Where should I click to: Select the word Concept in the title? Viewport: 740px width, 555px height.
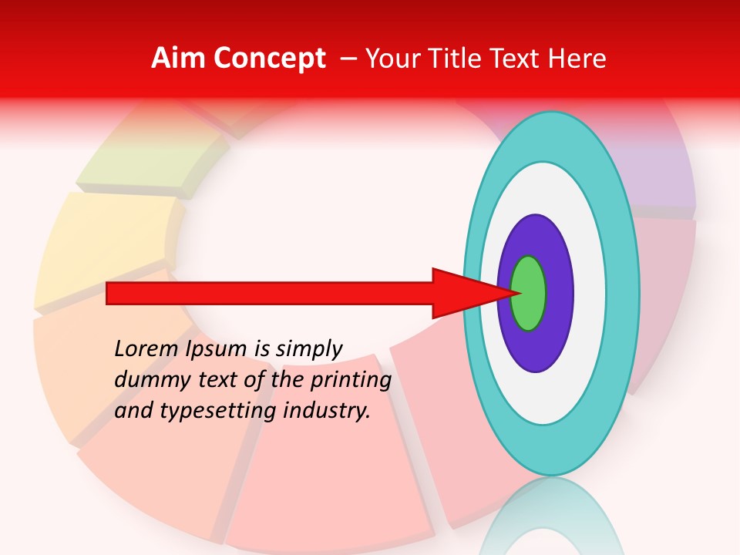[269, 59]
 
